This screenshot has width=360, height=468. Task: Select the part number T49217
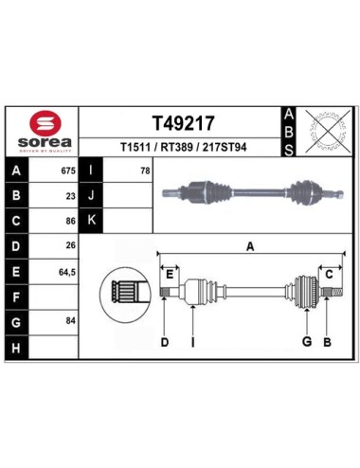coord(183,123)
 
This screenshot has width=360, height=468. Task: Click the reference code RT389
coord(177,147)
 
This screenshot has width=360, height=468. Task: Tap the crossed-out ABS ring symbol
coord(329,131)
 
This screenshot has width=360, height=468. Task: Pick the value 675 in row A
coord(68,171)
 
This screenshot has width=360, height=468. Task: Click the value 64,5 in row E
coord(67,272)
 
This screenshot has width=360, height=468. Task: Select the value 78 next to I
coord(145,171)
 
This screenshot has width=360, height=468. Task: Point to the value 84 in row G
coord(71,321)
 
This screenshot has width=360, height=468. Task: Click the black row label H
coord(16,348)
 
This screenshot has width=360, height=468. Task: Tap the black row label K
coord(91,220)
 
